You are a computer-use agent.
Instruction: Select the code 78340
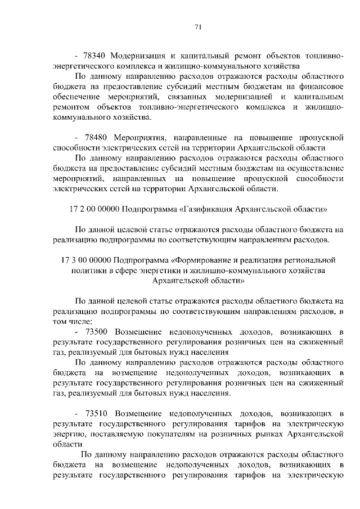pos(94,57)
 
